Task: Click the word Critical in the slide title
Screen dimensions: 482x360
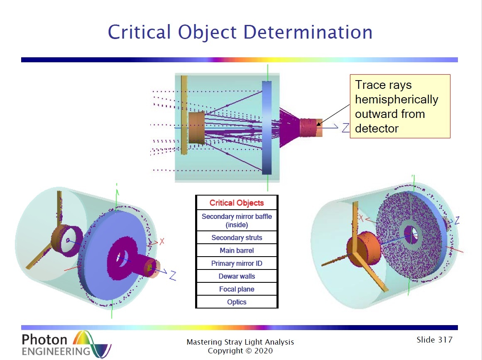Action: pos(139,32)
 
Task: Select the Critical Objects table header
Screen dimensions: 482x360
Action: pos(237,203)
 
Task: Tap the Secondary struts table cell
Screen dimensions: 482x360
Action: pos(237,238)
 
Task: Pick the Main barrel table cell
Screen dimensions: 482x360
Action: pos(237,250)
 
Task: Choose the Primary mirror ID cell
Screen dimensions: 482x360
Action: pos(237,264)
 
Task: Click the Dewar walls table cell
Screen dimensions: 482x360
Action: pos(237,277)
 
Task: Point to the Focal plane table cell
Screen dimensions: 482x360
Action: pos(237,289)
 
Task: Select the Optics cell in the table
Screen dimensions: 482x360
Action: pos(237,302)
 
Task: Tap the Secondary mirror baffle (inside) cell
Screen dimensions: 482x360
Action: pos(237,220)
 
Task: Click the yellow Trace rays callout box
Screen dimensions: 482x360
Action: pos(400,106)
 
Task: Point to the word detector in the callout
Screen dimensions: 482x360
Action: pos(377,128)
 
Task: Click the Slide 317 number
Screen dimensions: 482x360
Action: pos(434,340)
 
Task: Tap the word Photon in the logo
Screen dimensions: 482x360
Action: pos(44,340)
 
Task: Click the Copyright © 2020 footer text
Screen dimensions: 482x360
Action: pos(240,351)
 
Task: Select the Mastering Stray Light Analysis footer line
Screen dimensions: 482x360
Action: pos(240,342)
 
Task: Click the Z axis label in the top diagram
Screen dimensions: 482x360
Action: pos(346,127)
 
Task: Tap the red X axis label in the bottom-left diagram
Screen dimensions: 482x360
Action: pos(162,241)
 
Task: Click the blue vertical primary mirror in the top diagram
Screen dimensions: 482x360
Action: pos(267,127)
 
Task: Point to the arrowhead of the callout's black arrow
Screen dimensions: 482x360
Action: pos(318,125)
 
